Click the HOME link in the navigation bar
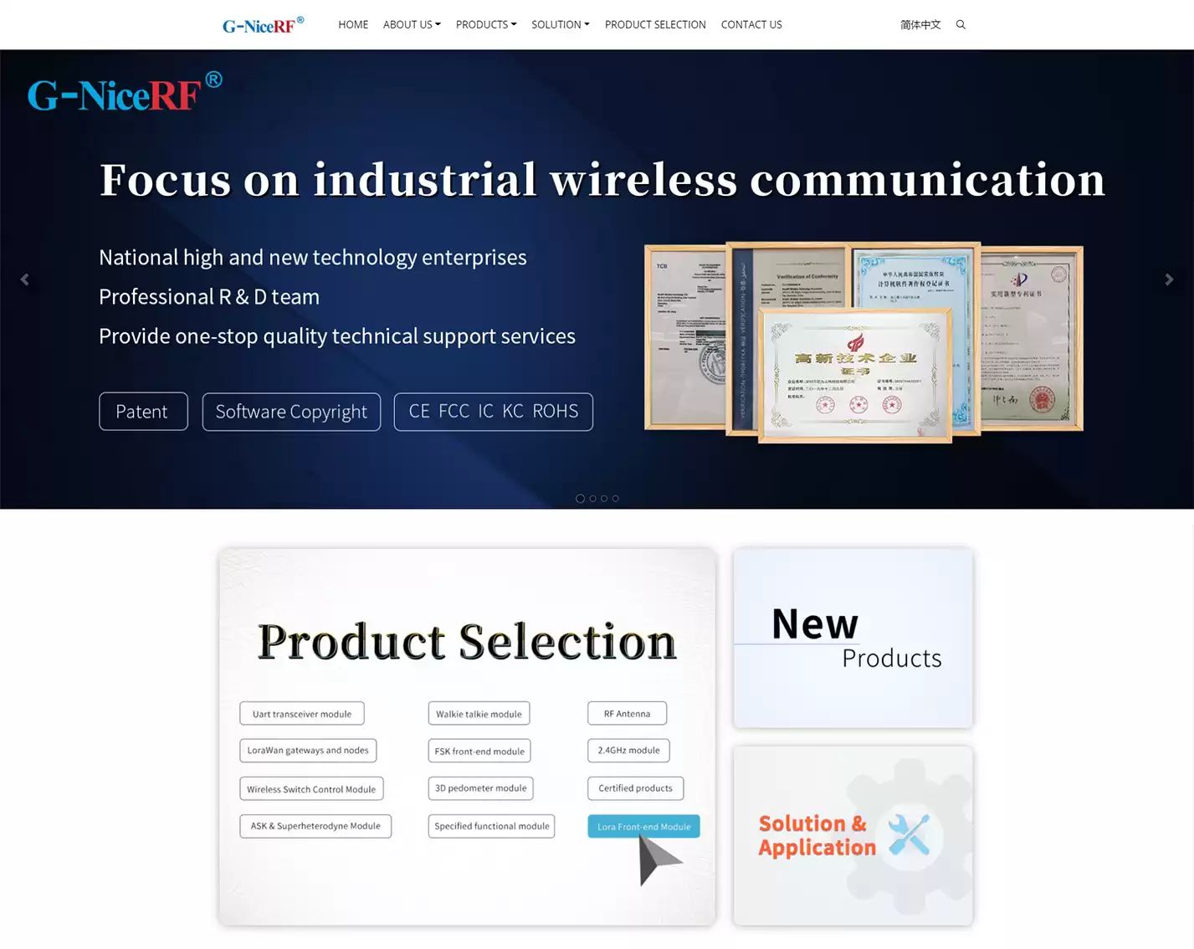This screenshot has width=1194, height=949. coord(353,25)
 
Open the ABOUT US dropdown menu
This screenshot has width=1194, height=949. coord(412,25)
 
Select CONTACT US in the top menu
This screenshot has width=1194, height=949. coord(751,25)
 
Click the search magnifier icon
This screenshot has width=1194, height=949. coord(961,25)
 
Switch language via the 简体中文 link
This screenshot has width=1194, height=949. coord(920,25)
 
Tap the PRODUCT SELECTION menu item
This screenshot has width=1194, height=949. coord(655,25)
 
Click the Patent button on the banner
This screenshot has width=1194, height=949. coord(143,412)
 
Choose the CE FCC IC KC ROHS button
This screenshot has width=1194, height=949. coord(493,412)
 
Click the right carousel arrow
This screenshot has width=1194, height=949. coord(1169,280)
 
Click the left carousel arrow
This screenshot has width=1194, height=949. coord(24,280)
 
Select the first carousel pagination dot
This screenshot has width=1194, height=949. coord(580,499)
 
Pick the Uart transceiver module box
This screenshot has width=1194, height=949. coord(302,714)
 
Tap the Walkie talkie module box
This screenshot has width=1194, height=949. coord(479,714)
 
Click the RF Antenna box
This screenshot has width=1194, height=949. coord(627,714)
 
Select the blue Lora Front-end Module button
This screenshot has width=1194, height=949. coord(643,827)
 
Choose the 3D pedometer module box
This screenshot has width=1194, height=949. coord(480,788)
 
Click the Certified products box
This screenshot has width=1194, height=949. coord(635,788)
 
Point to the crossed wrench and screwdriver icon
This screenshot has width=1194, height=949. coord(909,834)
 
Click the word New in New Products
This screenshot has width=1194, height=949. coord(814,624)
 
